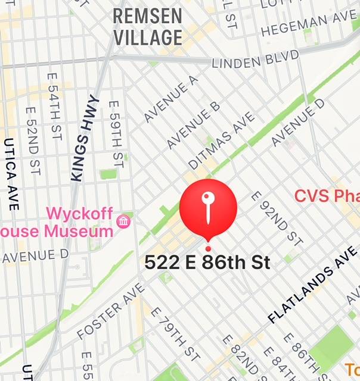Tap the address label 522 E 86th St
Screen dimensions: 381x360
[207, 262]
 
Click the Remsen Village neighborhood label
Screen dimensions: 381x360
[147, 27]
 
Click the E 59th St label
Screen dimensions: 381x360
[116, 133]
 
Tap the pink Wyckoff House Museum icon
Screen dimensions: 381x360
[125, 221]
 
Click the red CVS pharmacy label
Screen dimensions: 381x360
[327, 196]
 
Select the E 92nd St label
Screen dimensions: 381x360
[275, 218]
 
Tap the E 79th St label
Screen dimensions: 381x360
[175, 333]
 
